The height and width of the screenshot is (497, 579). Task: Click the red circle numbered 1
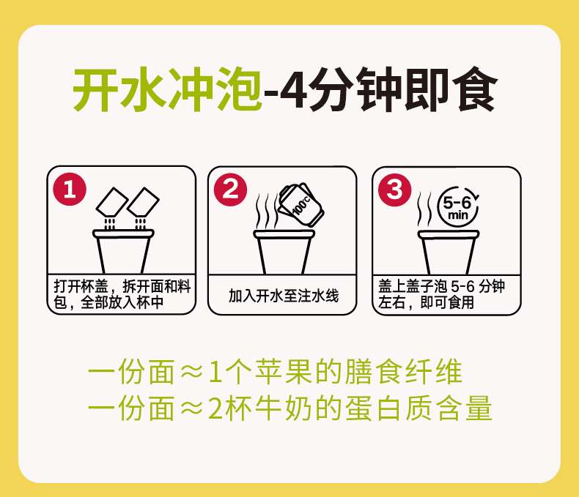tap(70, 190)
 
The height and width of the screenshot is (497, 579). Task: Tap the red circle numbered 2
tap(231, 190)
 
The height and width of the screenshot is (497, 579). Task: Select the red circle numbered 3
tap(395, 190)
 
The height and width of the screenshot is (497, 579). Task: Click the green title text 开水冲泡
tap(167, 89)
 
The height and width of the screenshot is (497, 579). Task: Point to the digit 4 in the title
tap(294, 89)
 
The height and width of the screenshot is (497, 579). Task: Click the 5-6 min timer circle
tap(458, 208)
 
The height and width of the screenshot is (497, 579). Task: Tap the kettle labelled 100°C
tap(301, 205)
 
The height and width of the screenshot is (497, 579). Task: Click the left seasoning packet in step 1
tap(112, 202)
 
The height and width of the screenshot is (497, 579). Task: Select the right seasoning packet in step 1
tap(143, 202)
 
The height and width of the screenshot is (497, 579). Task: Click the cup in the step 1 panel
tap(123, 252)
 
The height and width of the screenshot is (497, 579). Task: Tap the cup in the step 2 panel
tap(284, 253)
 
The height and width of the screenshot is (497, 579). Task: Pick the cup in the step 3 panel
tap(449, 253)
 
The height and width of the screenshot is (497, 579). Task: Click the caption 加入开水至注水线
tap(284, 296)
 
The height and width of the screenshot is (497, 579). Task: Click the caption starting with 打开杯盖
tap(122, 294)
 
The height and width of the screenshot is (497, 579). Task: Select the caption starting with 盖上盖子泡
tap(442, 294)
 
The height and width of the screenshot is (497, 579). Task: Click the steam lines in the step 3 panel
tap(424, 209)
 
